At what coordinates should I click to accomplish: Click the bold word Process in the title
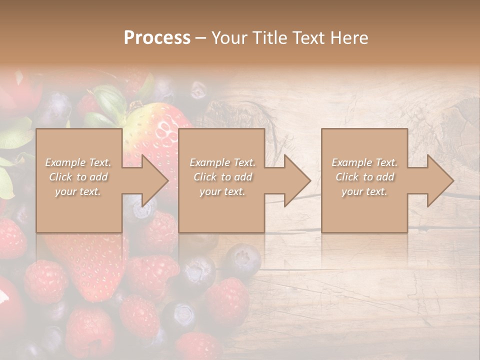click(x=157, y=38)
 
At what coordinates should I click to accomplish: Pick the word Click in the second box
click(x=205, y=177)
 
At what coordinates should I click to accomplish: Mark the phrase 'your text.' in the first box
click(x=78, y=191)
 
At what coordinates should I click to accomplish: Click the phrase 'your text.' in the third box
click(x=364, y=191)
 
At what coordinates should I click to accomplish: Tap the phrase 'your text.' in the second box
click(x=222, y=191)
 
